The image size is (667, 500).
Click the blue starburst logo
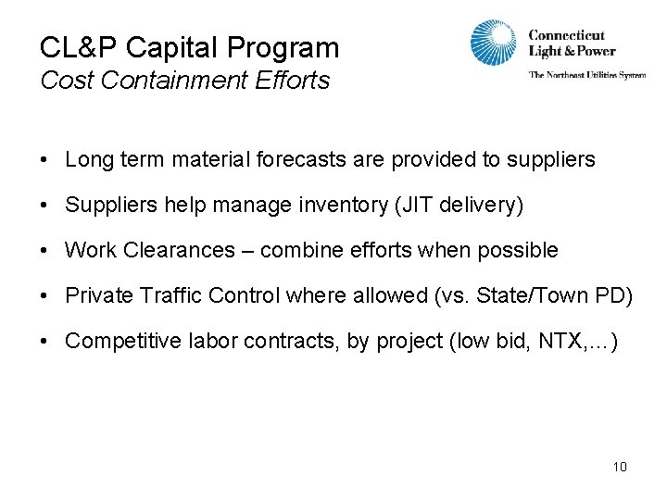point(493,44)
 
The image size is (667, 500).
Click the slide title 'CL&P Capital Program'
point(189,47)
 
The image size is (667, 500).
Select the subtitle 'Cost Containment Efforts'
point(184,81)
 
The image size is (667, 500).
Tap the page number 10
point(620,467)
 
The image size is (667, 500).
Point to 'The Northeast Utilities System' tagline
point(587,75)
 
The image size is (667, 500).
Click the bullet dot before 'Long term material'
point(44,160)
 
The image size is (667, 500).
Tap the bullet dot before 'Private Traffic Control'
point(44,296)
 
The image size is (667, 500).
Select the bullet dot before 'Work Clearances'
point(44,251)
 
